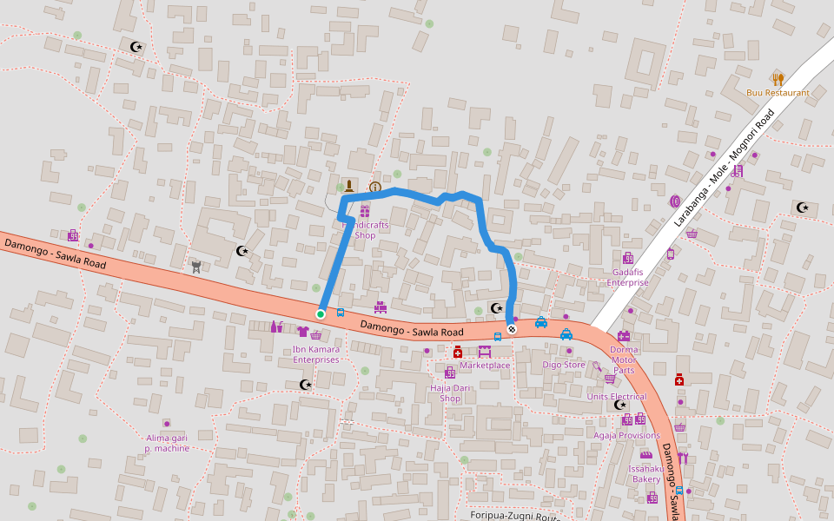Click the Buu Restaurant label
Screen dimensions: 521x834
[778, 93]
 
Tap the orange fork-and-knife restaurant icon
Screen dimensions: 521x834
[778, 79]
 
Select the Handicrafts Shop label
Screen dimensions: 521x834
[365, 230]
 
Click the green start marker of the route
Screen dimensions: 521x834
[321, 313]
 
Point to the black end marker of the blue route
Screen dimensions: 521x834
[513, 328]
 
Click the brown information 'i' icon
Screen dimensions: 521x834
[375, 187]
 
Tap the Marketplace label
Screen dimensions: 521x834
[485, 365]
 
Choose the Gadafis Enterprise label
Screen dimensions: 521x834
[627, 277]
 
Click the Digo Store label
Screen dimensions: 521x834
[564, 365]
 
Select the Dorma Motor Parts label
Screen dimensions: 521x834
[624, 359]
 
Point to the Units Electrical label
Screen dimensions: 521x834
[617, 397]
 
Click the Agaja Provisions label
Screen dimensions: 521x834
[627, 435]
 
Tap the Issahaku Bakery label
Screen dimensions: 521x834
[646, 473]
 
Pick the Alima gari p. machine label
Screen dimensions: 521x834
[168, 443]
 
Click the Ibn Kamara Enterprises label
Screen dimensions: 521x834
[316, 354]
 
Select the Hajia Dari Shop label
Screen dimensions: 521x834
[450, 393]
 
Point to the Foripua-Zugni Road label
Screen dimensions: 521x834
[513, 516]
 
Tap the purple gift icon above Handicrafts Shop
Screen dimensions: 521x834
[365, 212]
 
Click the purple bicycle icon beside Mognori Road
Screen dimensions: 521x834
[737, 172]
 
